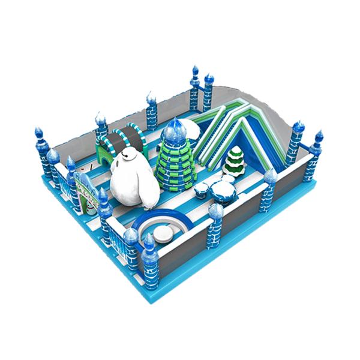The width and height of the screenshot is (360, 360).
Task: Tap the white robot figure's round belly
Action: [x=136, y=187]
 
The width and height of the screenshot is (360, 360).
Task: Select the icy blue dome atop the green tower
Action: [x=175, y=128]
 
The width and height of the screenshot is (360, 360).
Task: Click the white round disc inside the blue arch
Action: [x=163, y=232]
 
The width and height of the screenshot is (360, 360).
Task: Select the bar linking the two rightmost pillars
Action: [x=307, y=149]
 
